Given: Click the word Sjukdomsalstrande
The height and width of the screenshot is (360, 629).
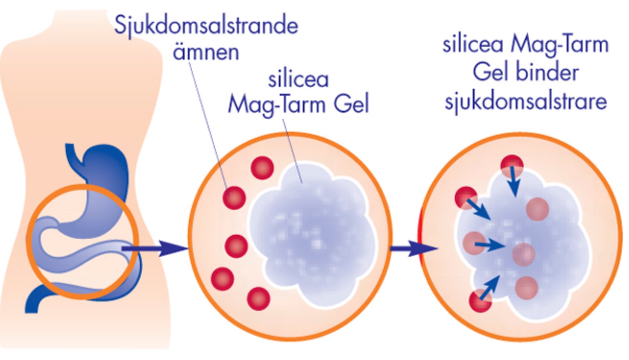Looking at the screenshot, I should click(206, 26).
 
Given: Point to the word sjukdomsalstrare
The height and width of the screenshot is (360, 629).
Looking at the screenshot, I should click(526, 101).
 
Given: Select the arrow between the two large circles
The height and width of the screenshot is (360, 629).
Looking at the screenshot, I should click(413, 248).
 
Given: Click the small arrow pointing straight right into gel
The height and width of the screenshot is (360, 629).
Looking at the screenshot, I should click(490, 245).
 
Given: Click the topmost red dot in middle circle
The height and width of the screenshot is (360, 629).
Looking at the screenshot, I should click(262, 168).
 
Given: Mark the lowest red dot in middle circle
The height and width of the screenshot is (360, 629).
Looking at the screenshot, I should click(258, 298).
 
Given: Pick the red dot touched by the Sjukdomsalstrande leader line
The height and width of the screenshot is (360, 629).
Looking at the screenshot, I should click(234, 197).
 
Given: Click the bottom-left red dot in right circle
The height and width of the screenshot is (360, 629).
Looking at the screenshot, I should click(480, 301).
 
